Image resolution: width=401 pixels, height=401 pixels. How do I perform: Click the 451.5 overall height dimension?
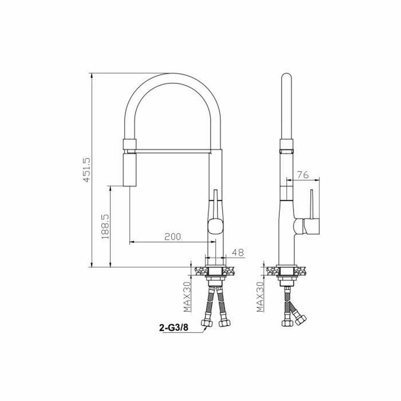tap(87, 170)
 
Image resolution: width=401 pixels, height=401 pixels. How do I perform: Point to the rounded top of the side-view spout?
tap(286, 78)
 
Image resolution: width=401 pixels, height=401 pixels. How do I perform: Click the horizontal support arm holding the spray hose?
tap(173, 152)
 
